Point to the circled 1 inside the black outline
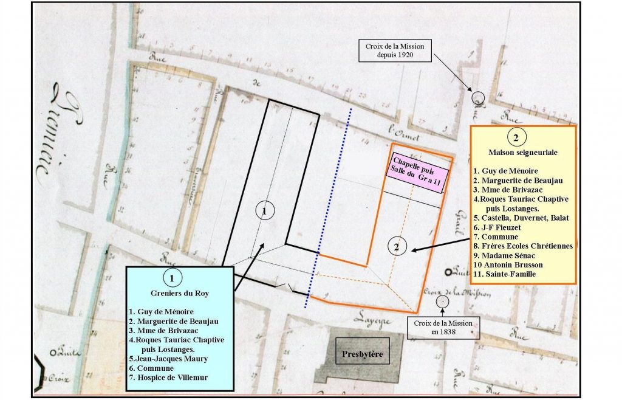point(264,210)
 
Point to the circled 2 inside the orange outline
point(397,247)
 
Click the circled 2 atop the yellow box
point(515,137)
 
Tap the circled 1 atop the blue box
point(173,279)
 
